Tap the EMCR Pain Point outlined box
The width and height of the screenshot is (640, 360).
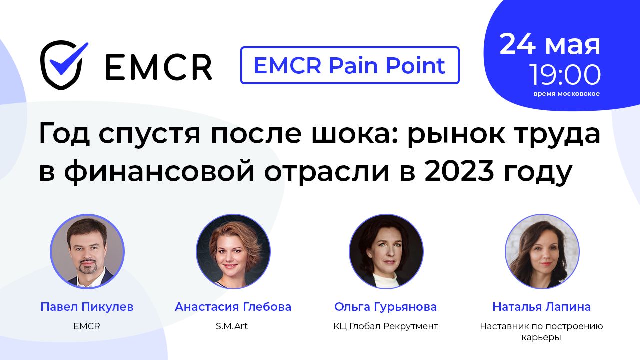click(x=350, y=65)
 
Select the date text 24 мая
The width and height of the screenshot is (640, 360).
click(x=550, y=45)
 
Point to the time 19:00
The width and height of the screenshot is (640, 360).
click(x=565, y=75)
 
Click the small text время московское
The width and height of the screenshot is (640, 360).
click(x=566, y=94)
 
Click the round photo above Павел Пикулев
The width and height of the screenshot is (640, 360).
click(x=87, y=251)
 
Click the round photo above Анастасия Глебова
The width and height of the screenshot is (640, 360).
click(x=233, y=251)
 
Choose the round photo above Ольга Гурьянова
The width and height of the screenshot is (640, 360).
click(x=386, y=251)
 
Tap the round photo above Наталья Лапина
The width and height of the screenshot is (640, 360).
click(x=542, y=251)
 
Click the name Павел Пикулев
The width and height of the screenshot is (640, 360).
click(x=87, y=307)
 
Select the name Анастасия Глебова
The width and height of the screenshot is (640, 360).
click(x=233, y=307)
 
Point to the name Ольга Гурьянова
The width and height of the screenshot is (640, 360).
click(x=385, y=307)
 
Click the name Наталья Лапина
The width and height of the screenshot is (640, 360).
click(x=541, y=307)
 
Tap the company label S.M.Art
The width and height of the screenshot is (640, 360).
click(x=232, y=326)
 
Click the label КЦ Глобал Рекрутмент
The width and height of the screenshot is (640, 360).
click(x=385, y=326)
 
